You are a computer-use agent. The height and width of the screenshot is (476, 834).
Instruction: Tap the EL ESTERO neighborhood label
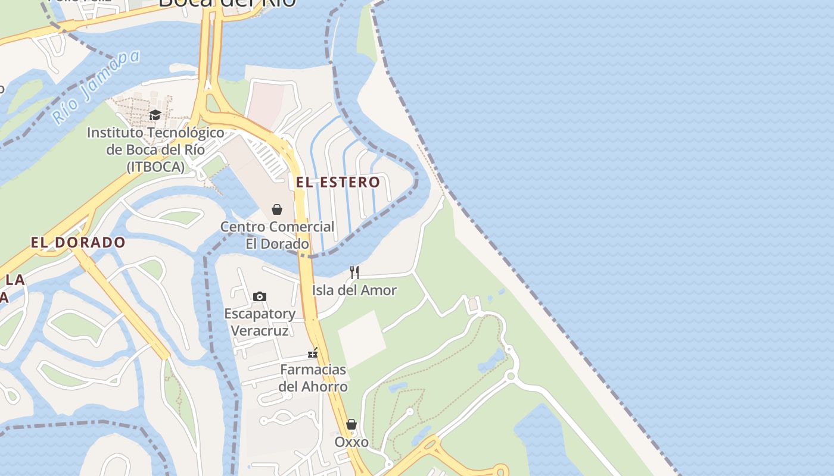(x=338, y=183)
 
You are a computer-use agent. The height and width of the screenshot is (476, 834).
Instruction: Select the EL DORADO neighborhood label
(x=78, y=243)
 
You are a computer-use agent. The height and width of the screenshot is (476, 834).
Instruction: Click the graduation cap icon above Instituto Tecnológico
(x=155, y=115)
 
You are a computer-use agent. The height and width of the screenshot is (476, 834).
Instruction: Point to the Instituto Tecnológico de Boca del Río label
(x=155, y=149)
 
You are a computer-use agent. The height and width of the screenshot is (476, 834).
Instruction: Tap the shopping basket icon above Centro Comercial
(x=277, y=209)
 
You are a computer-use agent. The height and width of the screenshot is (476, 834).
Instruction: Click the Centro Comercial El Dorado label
(x=278, y=235)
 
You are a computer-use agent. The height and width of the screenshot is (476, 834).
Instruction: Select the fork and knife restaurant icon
(x=354, y=273)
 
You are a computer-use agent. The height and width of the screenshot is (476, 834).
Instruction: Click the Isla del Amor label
(x=354, y=290)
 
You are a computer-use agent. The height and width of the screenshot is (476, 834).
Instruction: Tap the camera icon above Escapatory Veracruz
(x=260, y=296)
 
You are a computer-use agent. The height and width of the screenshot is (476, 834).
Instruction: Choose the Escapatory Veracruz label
(x=260, y=322)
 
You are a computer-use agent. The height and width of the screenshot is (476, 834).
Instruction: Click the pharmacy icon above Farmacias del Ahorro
(x=313, y=353)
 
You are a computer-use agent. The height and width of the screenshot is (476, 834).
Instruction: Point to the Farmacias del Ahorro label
(x=313, y=378)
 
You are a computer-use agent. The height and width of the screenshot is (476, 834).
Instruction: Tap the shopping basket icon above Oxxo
(x=351, y=424)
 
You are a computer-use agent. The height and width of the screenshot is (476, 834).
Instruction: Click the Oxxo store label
(x=351, y=442)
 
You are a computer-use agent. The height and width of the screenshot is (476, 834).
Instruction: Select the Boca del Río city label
(x=227, y=3)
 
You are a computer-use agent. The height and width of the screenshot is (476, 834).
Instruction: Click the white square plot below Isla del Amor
(x=362, y=339)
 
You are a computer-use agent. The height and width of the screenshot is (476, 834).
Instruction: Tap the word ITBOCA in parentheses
(x=155, y=167)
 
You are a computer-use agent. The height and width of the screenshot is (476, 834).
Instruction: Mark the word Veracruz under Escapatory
(x=259, y=331)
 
